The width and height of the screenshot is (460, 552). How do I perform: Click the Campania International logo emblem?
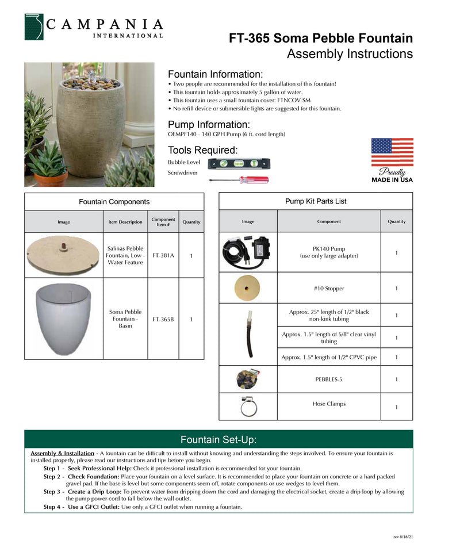tap(34, 27)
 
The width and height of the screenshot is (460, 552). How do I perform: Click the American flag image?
tap(392, 152)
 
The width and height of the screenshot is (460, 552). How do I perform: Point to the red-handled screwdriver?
tap(238, 180)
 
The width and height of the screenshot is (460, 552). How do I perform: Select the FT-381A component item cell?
tap(163, 255)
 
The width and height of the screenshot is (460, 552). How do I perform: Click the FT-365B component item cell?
tap(163, 319)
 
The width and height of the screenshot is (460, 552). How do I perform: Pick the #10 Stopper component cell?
tap(329, 288)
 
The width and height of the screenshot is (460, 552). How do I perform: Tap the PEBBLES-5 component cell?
tap(329, 379)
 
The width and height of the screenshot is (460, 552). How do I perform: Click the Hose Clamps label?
tap(329, 404)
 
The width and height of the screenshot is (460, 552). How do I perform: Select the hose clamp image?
tap(248, 407)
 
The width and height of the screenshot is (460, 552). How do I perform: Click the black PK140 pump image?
tap(248, 252)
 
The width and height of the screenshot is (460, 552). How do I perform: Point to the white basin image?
tap(63, 319)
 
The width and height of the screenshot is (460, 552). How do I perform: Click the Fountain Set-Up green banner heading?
tap(218, 440)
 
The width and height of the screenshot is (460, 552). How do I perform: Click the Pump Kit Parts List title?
tap(316, 201)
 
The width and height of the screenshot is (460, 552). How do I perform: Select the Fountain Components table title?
tap(114, 202)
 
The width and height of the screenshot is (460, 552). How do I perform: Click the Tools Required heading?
tap(202, 151)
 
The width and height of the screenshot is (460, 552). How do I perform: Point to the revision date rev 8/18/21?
tap(403, 536)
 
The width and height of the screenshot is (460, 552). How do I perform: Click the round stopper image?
tap(248, 287)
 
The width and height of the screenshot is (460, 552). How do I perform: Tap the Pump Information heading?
tap(208, 125)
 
